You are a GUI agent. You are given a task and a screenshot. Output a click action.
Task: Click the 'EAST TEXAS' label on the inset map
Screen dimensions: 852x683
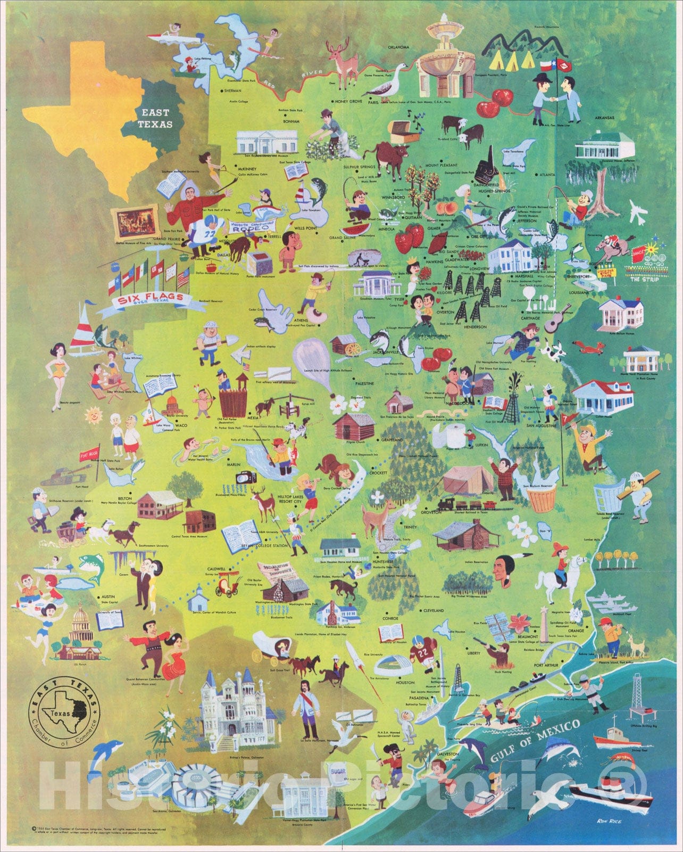coord(154,118)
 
